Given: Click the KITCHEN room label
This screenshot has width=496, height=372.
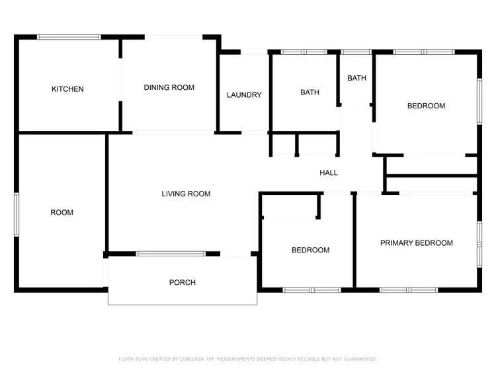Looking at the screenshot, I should click(67, 89).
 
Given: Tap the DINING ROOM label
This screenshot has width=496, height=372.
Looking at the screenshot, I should click(169, 87).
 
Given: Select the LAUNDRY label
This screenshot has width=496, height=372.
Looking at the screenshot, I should click(244, 95).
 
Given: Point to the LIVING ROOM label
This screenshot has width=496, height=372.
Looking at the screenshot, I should click(186, 194).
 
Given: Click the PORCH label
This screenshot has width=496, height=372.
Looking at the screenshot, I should click(183, 283).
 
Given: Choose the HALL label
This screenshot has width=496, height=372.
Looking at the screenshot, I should click(329, 172).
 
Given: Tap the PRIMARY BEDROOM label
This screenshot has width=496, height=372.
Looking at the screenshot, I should click(416, 243).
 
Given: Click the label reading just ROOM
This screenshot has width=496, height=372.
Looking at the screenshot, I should click(62, 213).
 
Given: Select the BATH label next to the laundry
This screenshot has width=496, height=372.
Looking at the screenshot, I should click(310, 93).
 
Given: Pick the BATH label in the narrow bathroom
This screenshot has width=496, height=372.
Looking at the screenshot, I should click(356, 78).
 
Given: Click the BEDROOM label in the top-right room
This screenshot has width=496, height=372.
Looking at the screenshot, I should click(426, 106).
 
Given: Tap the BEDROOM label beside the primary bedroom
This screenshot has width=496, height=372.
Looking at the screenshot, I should click(310, 250).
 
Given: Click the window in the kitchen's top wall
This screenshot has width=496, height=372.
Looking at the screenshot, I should click(69, 37).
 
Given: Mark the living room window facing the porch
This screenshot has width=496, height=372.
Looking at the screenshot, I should click(171, 253).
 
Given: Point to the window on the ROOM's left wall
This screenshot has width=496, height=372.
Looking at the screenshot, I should click(17, 213).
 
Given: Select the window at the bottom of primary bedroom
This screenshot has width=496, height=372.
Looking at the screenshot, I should click(408, 289).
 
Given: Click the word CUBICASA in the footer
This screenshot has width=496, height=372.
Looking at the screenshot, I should click(192, 359).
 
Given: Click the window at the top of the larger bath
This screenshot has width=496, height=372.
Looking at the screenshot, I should click(304, 52).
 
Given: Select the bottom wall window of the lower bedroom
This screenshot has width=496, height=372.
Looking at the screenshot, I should click(311, 289).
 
